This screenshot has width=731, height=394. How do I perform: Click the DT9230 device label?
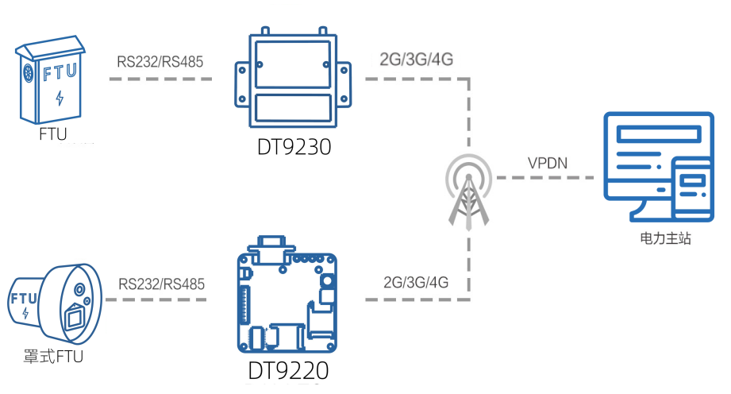[x=293, y=148]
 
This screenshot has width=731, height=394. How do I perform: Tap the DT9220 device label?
[x=288, y=371]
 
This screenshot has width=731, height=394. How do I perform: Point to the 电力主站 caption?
[x=665, y=238]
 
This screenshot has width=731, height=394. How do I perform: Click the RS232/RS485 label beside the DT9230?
[x=160, y=61]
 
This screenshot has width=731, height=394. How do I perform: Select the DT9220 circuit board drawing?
[x=287, y=299]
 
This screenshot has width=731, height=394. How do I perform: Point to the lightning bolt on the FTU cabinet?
[x=60, y=98]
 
